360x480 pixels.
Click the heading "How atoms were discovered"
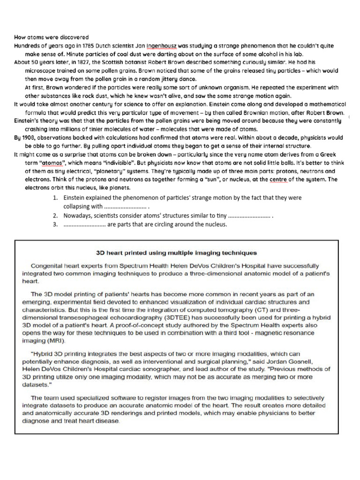pos(51,37)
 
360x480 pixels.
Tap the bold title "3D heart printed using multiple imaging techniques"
pos(176,253)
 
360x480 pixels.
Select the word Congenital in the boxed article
pos(48,265)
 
